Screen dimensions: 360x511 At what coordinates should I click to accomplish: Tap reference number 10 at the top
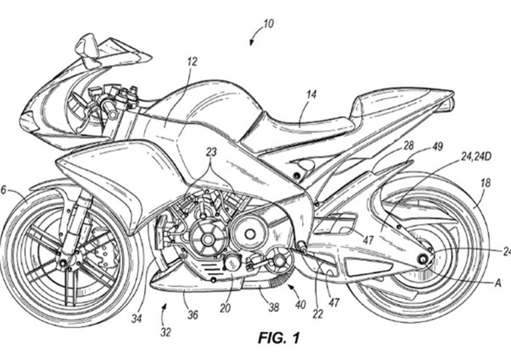268,24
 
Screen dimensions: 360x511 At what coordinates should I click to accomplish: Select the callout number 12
192,62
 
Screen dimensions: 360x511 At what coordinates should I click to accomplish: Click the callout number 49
437,147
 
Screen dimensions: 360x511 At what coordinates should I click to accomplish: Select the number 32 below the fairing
165,332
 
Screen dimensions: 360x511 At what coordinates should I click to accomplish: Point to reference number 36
192,316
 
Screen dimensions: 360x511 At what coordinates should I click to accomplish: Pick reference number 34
136,320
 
